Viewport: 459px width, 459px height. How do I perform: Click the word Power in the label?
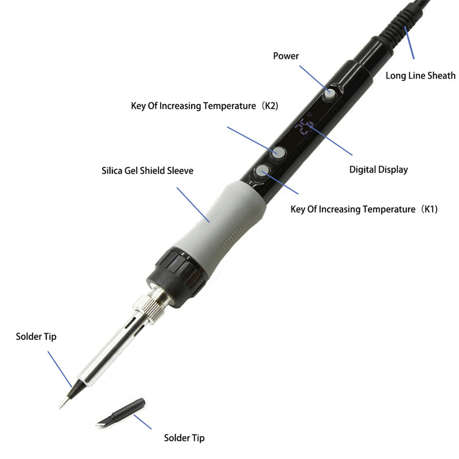click(286, 56)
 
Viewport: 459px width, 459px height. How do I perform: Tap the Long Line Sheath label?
click(420, 75)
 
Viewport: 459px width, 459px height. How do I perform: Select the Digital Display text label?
click(379, 169)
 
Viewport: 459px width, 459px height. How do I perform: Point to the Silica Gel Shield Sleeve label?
click(147, 170)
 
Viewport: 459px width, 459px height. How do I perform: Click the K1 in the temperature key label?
click(429, 209)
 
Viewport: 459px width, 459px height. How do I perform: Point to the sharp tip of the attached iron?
click(61, 405)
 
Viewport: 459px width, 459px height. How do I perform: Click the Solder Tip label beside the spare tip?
click(184, 438)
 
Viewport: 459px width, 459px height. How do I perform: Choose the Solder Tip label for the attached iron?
click(36, 336)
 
